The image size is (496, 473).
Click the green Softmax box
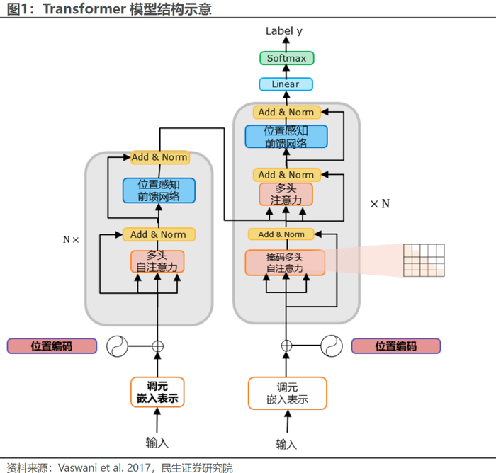(x=286, y=58)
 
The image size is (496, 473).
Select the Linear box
(x=286, y=84)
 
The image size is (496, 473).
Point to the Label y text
(x=283, y=31)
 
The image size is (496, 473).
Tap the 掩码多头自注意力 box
(x=285, y=262)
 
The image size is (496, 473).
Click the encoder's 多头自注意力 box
(x=157, y=261)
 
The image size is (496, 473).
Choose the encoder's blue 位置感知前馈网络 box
(x=158, y=190)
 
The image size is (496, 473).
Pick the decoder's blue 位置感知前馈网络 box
(x=286, y=136)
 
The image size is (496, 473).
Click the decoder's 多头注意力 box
(x=286, y=194)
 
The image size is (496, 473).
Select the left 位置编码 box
(x=51, y=346)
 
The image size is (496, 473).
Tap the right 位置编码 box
(x=395, y=346)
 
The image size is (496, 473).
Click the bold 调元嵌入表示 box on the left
(x=157, y=392)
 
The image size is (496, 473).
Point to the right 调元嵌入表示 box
(x=287, y=393)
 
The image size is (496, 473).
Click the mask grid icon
(x=424, y=260)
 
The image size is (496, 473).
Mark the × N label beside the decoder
(x=380, y=204)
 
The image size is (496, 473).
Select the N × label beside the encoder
(x=71, y=239)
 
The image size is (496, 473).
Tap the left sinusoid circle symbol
(x=117, y=346)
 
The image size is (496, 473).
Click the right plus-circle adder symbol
(x=286, y=346)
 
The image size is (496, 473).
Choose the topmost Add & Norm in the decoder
(x=286, y=112)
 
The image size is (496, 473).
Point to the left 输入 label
(x=157, y=443)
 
